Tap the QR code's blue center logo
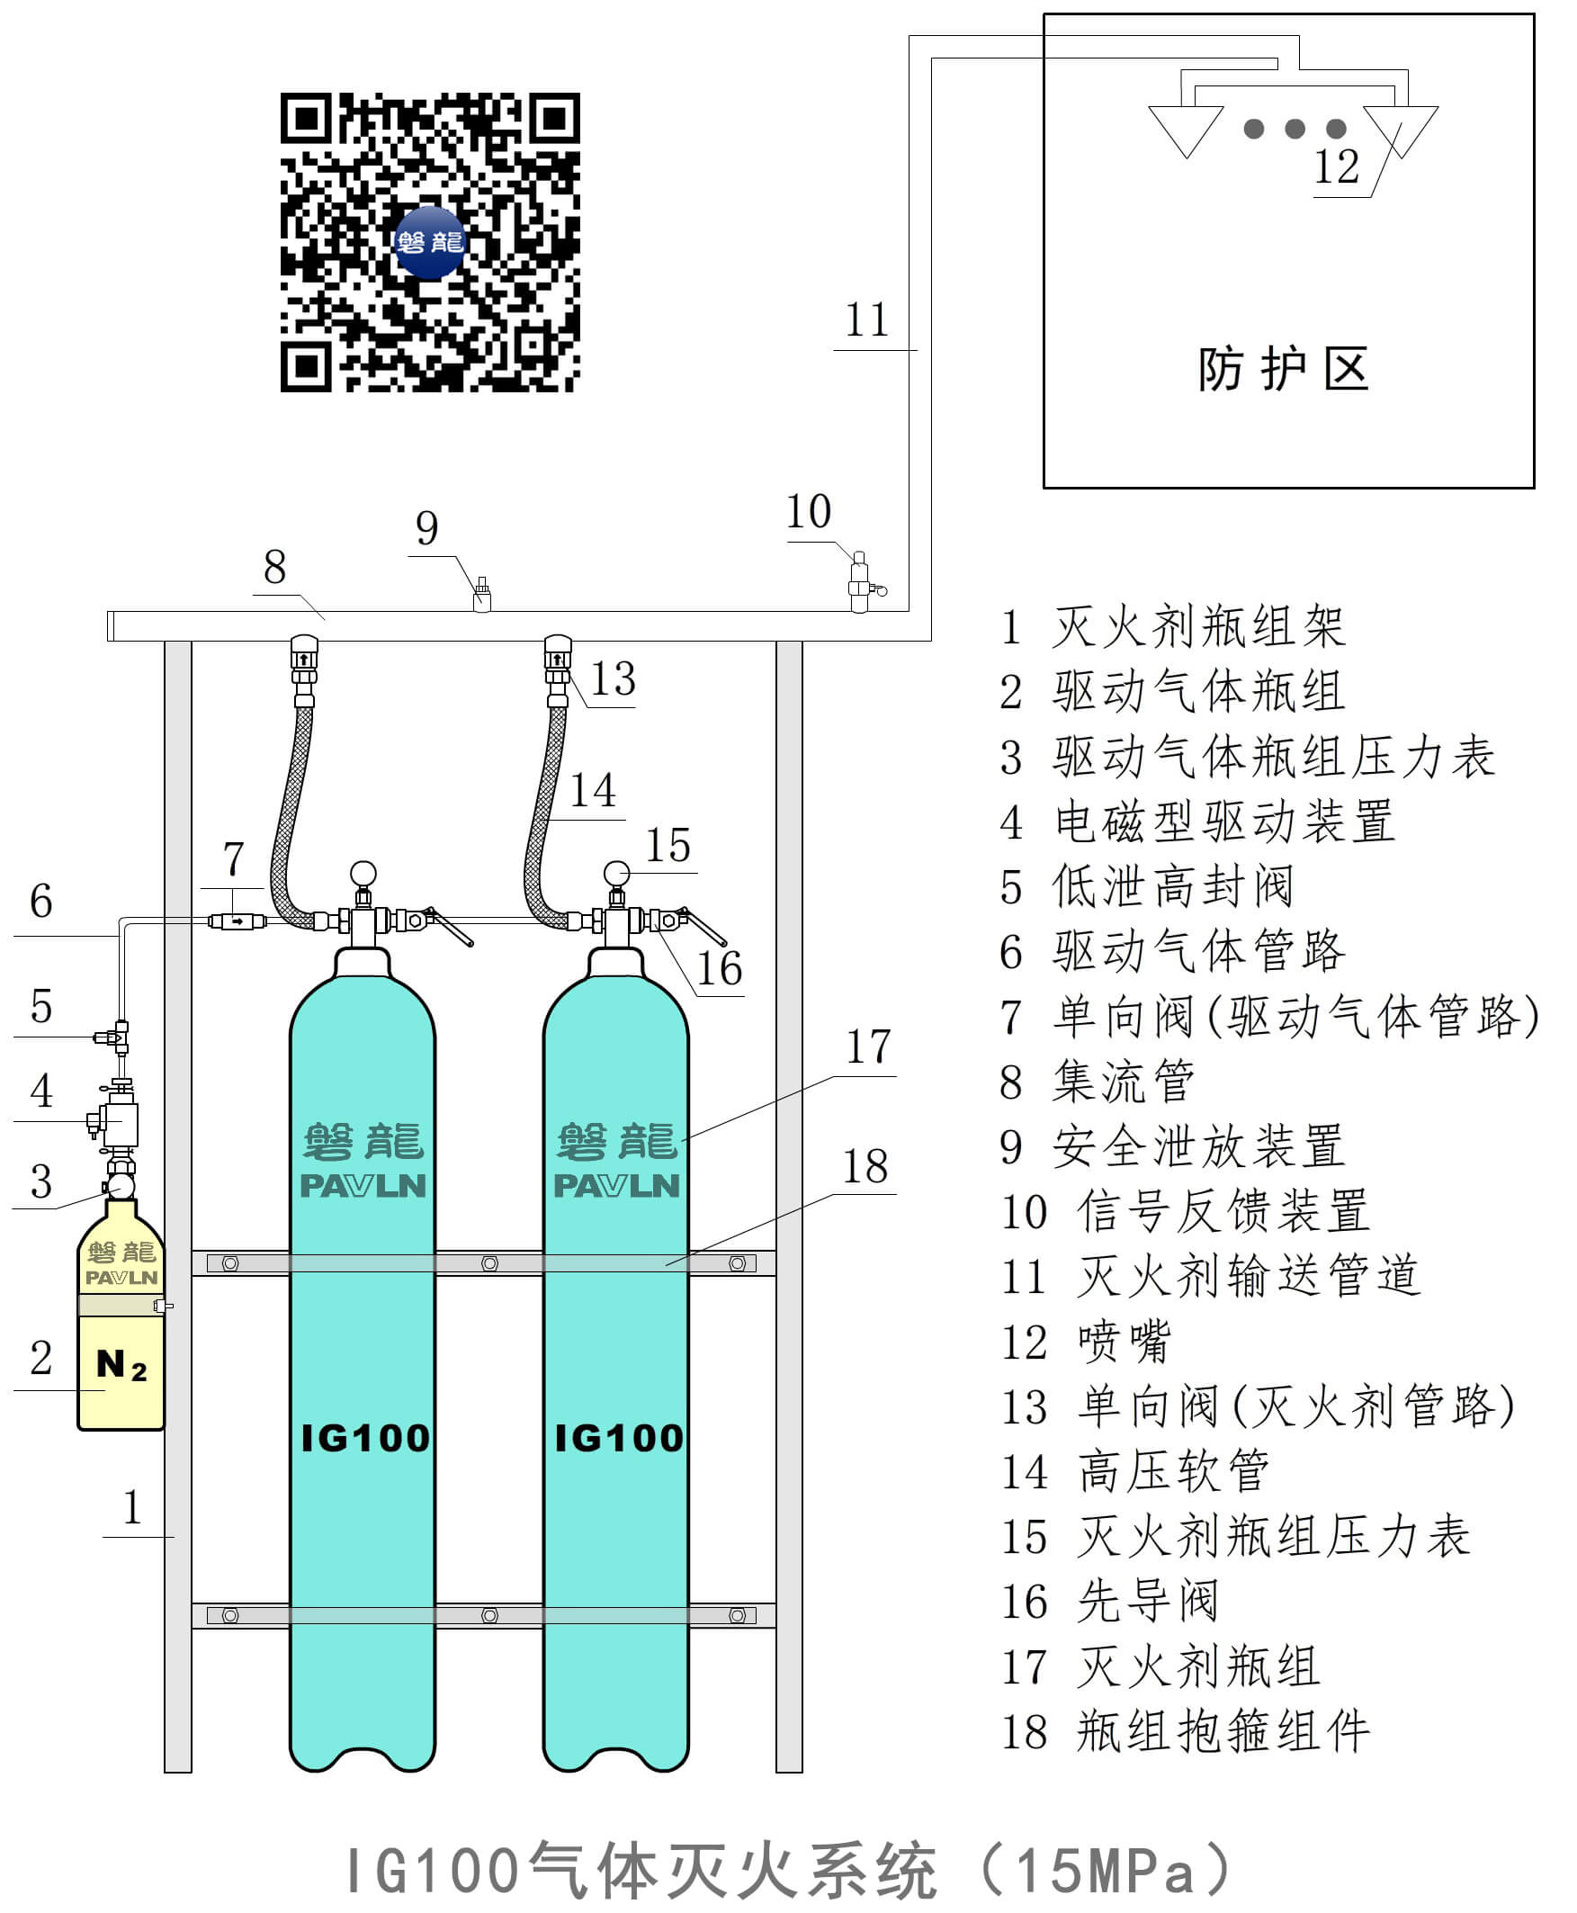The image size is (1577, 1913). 430,242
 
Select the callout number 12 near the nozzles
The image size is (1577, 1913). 1336,167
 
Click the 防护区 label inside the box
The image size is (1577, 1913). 1283,369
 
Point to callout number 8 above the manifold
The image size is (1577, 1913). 274,568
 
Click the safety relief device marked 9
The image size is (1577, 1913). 482,596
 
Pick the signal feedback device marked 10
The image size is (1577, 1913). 859,581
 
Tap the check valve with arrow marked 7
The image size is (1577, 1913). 237,921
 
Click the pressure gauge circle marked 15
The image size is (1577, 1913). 617,874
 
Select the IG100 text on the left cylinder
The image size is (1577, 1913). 365,1439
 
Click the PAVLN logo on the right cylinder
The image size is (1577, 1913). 617,1186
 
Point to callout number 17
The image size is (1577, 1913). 868,1046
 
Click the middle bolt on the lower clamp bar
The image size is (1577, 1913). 489,1615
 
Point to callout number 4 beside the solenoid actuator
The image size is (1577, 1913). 40,1091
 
